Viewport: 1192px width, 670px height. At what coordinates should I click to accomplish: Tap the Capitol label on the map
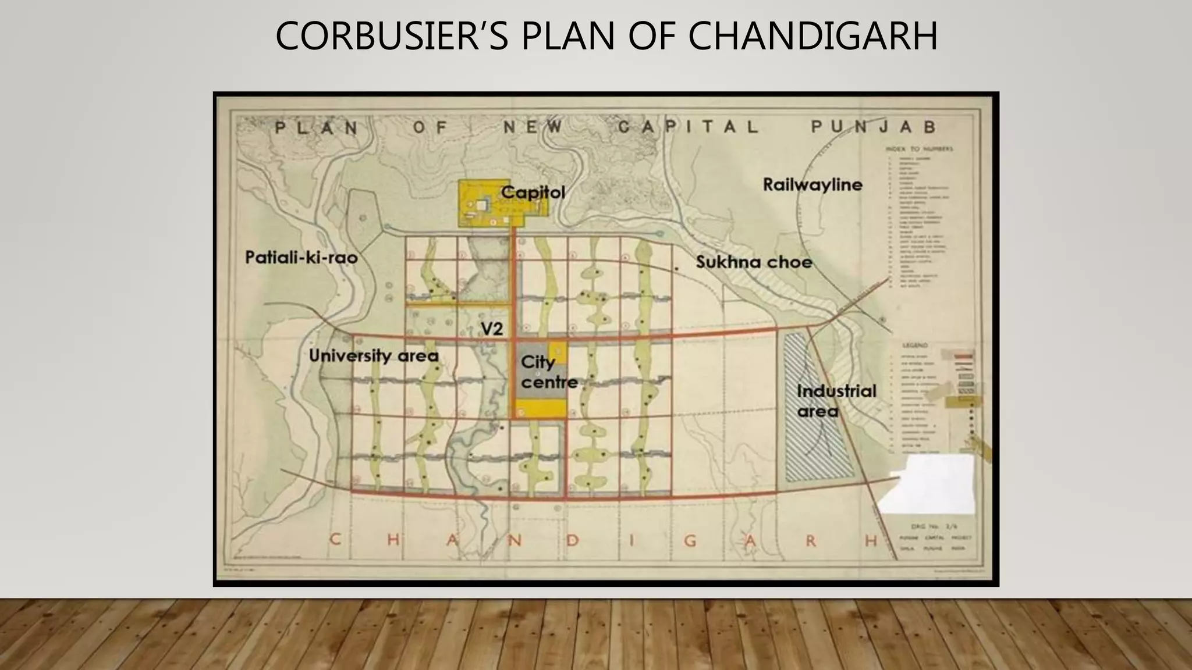coord(533,193)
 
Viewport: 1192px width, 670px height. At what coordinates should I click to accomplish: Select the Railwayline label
coord(813,185)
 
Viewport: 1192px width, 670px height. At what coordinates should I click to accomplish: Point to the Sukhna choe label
coord(754,262)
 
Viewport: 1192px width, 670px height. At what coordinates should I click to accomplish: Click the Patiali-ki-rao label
coord(301,257)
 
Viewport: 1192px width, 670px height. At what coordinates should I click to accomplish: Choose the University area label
coord(373,355)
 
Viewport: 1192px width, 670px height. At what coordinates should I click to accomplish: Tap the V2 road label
coord(492,329)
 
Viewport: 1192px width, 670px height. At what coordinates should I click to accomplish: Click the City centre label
coord(548,372)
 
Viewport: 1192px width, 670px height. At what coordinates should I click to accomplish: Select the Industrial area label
coord(836,401)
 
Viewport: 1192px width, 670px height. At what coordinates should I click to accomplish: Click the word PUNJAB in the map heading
coord(873,127)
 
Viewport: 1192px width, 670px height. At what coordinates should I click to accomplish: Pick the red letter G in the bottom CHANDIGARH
coord(690,541)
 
